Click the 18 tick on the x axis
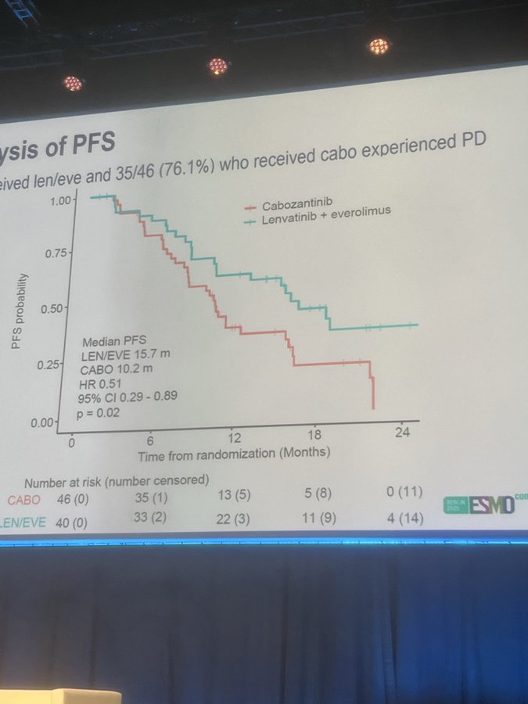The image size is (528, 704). coord(314,436)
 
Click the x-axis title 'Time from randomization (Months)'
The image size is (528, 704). coord(234,453)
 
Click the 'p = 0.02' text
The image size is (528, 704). coord(99,412)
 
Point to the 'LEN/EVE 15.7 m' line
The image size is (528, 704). coord(127,354)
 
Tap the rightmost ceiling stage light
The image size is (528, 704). coord(379,46)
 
